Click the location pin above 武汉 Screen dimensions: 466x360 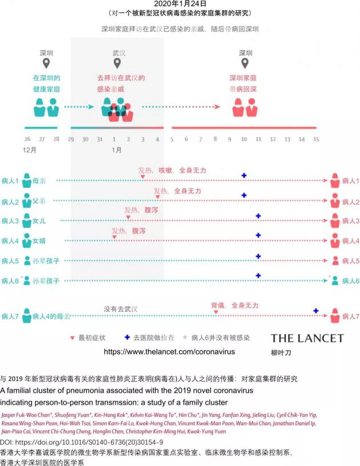coord(117,63)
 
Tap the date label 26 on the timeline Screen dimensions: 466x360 coord(27,139)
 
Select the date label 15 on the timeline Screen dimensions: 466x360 coord(315,139)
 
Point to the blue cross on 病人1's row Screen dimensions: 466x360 coord(244,176)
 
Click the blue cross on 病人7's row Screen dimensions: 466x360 coord(316,310)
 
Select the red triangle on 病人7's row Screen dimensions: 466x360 coord(215,312)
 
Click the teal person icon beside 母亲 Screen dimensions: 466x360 coord(26,180)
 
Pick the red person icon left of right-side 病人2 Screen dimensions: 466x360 coord(334,202)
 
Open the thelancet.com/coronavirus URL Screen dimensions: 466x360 coord(169,352)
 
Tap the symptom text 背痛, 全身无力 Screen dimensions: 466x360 coord(234,305)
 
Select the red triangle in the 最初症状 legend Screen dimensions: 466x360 coord(71,338)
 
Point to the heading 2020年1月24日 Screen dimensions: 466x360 coord(179,3)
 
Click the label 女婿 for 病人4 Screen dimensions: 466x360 coord(39,241)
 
